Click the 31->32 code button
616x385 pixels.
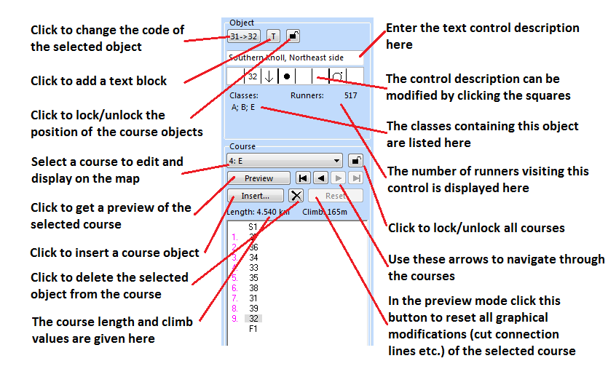244,36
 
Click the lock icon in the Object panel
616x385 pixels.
293,36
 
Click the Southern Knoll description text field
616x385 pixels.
295,57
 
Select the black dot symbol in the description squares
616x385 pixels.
287,76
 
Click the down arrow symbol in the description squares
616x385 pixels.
269,76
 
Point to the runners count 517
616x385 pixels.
350,95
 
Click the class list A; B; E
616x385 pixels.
243,107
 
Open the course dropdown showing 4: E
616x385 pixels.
285,161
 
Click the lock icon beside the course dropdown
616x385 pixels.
355,161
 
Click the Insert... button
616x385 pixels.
256,196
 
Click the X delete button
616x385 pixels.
296,196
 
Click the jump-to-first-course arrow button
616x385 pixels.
303,178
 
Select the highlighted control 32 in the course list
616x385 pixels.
253,319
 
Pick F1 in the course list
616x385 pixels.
253,329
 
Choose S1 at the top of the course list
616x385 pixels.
253,227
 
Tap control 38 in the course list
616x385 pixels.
253,288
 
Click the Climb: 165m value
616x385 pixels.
325,212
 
